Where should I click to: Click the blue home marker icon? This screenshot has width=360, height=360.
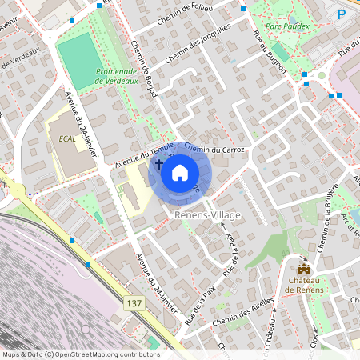pyautogui.click(x=180, y=172)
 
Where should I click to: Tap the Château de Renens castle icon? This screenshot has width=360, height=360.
pyautogui.click(x=304, y=269)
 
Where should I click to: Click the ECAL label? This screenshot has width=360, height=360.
pyautogui.click(x=67, y=138)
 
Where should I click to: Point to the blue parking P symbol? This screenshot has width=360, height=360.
pyautogui.click(x=342, y=14)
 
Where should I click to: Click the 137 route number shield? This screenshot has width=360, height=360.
pyautogui.click(x=134, y=304)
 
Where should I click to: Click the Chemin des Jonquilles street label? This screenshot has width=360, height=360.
pyautogui.click(x=198, y=44)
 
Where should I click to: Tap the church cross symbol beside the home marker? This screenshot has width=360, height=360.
pyautogui.click(x=158, y=165)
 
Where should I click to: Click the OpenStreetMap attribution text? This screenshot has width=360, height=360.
pyautogui.click(x=80, y=354)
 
